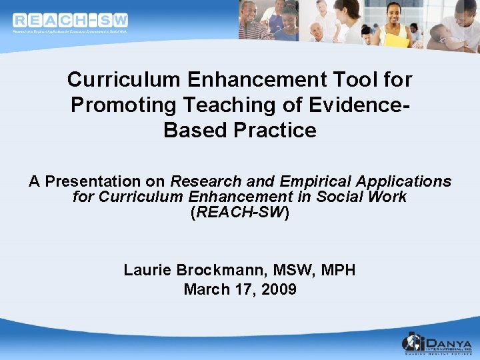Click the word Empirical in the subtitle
(x=317, y=181)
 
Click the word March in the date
(x=204, y=289)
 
